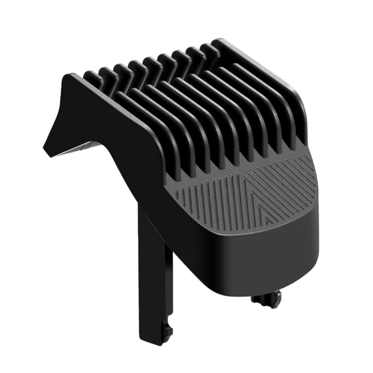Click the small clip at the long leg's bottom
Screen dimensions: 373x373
pyautogui.click(x=167, y=331)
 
